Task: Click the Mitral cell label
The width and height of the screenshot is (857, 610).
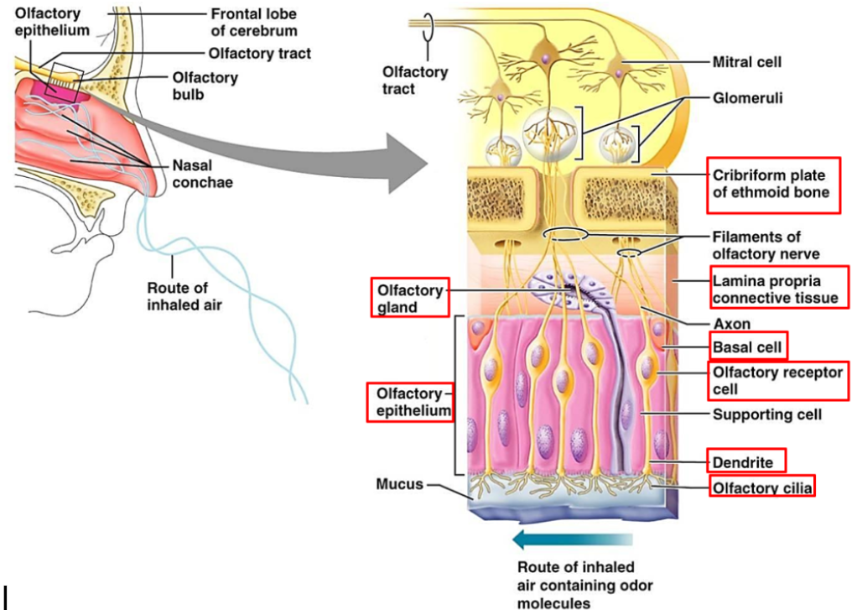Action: coord(747,61)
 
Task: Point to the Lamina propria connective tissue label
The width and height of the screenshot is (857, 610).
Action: coord(774,289)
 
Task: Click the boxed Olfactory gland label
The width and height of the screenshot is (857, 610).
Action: coord(410,298)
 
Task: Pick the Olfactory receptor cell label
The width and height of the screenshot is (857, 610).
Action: coord(777,381)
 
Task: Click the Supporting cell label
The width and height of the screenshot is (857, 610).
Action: coord(766,414)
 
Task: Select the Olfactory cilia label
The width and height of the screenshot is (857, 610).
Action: coord(761,486)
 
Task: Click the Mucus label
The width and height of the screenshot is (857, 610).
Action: coord(399,484)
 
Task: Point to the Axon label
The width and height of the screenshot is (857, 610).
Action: coord(731,324)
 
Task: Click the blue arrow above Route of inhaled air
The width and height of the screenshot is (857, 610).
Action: coord(570,539)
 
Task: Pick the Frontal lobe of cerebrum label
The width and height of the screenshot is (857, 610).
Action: coord(252,23)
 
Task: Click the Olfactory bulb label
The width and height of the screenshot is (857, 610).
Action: coord(205,86)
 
